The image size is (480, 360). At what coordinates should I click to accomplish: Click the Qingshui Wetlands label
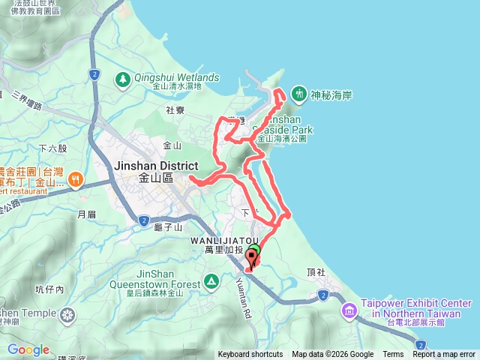tap(177, 77)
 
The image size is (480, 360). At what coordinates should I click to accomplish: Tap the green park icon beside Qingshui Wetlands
tap(122, 77)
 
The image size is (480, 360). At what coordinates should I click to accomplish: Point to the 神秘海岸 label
tap(331, 94)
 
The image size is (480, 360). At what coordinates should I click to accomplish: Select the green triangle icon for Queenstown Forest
tap(211, 282)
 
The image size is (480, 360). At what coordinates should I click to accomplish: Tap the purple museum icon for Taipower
tap(349, 310)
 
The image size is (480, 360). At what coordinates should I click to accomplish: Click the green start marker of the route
tap(253, 251)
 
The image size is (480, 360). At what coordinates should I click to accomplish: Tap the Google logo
tap(28, 349)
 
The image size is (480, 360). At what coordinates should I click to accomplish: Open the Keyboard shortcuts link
tap(250, 355)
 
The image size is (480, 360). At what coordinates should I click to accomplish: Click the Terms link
tap(393, 355)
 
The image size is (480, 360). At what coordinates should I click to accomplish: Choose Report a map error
tap(444, 355)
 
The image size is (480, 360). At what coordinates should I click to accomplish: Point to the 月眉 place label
tap(87, 214)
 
